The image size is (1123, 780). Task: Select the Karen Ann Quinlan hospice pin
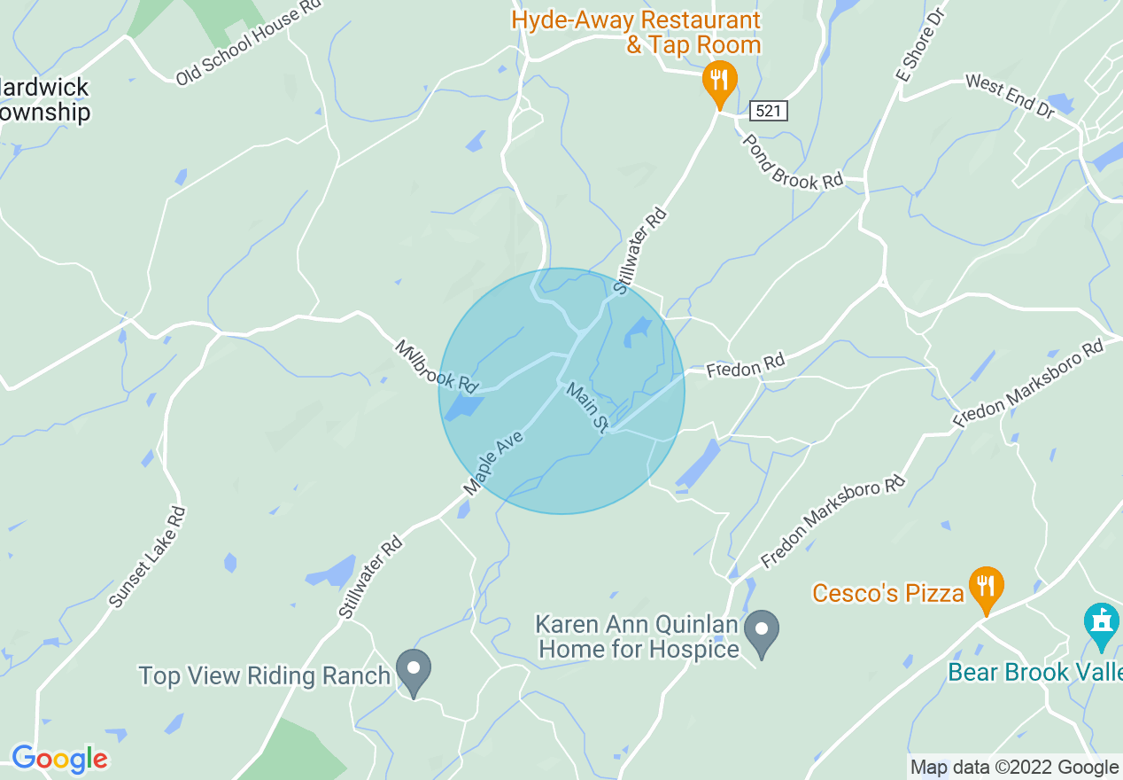[x=761, y=631]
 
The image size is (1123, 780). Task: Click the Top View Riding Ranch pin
[x=413, y=670]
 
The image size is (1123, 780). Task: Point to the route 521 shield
[x=767, y=112]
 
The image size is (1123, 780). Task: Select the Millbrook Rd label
[x=437, y=366]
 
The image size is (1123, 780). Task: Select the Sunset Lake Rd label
[x=148, y=557]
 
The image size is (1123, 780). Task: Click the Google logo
[x=59, y=760]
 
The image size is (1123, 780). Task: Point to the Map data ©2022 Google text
[x=1014, y=768]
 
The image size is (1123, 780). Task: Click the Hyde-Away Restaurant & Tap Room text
[x=636, y=32]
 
